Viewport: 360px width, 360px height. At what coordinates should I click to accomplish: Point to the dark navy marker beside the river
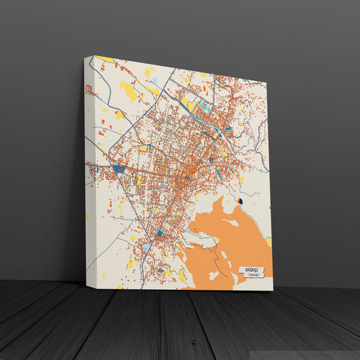click(240, 201)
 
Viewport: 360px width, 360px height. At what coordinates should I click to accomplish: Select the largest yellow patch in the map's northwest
click(127, 90)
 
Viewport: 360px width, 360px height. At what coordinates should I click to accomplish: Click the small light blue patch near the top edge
click(154, 80)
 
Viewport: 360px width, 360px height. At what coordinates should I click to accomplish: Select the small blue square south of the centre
click(160, 234)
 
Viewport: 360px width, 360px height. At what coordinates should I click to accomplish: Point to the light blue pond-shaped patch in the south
click(147, 248)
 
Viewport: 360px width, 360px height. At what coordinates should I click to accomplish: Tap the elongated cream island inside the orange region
click(203, 240)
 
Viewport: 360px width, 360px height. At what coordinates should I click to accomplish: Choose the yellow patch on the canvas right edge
click(269, 241)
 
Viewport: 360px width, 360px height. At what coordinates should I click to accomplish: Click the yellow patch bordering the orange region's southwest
click(182, 274)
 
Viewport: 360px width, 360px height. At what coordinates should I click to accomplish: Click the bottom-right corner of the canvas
click(273, 290)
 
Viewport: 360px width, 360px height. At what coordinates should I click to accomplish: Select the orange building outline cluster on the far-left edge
click(88, 88)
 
